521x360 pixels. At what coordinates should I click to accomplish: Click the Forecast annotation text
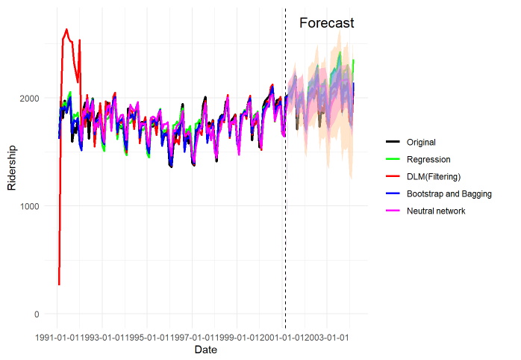click(326, 23)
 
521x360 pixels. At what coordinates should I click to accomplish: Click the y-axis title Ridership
click(12, 169)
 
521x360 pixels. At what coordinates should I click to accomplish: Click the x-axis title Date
click(205, 350)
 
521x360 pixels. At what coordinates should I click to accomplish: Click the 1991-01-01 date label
click(57, 338)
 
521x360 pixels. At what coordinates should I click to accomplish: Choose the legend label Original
click(421, 142)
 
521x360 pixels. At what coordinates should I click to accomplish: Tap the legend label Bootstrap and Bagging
click(449, 193)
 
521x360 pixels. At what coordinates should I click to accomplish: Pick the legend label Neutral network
click(436, 211)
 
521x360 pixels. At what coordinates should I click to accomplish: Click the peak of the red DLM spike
click(66, 29)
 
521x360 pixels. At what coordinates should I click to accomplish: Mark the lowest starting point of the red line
click(58, 285)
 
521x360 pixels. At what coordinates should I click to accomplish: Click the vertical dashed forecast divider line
click(285, 187)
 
